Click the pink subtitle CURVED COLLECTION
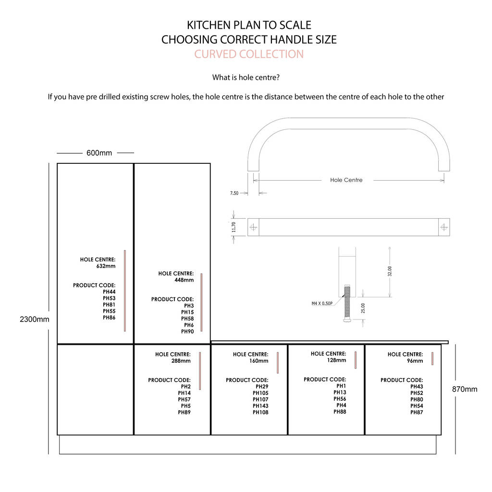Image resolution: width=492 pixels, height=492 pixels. pos(249,54)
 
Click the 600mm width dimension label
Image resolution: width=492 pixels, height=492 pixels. pos(99,153)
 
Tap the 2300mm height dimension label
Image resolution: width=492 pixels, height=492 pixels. pos(35,319)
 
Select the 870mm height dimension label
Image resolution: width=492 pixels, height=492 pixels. pos(465,389)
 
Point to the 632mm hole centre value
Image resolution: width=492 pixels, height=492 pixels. pos(106,266)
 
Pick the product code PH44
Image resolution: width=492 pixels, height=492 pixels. pos(109,292)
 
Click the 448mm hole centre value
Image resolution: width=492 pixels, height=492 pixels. pos(184,280)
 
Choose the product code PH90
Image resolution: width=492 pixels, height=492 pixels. pos(187,332)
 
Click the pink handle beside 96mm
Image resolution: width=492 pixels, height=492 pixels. pos(432,358)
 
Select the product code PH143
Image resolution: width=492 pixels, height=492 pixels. pos(260,406)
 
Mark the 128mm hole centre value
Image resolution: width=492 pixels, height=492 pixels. pos(336,360)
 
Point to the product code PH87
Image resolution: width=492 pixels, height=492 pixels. pos(417,412)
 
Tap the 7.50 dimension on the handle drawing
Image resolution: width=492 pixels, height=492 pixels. pos(234,193)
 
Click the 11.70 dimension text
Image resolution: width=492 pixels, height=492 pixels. pos(234,227)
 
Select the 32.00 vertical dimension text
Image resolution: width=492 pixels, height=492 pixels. pos(390,271)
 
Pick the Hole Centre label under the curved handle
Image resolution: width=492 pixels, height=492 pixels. pos(346,180)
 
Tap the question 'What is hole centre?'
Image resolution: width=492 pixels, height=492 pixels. pos(246,77)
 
